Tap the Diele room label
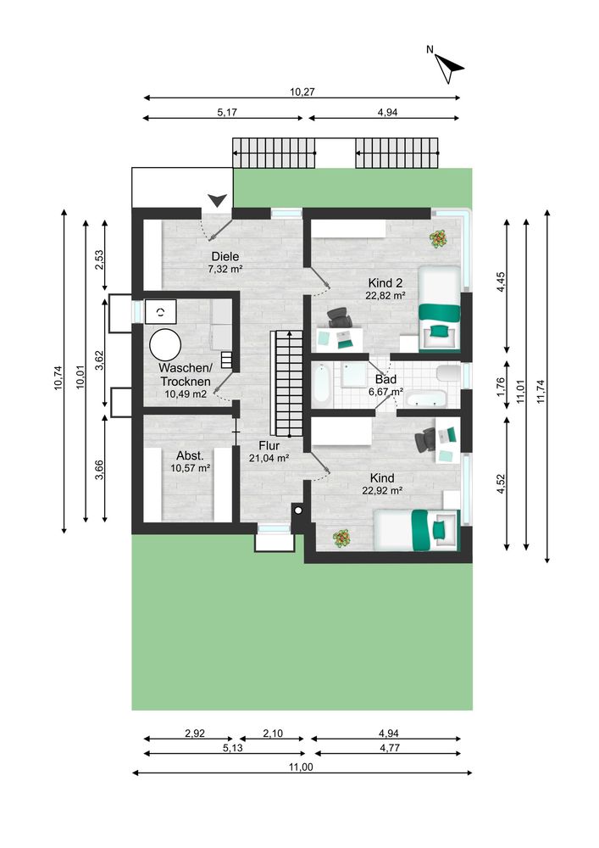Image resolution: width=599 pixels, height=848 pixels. click(x=225, y=256)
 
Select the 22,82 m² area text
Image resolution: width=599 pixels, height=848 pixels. click(x=385, y=295)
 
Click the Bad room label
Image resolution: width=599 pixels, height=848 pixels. click(x=385, y=380)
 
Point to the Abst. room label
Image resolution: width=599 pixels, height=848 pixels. click(x=190, y=456)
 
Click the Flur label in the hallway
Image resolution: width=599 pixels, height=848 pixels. click(x=269, y=446)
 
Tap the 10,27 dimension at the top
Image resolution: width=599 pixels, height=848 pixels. click(x=302, y=92)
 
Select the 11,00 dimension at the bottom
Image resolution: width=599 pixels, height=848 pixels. click(x=301, y=767)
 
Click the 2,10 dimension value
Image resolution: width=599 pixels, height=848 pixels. click(x=273, y=734)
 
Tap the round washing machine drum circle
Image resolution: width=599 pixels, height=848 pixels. click(x=165, y=344)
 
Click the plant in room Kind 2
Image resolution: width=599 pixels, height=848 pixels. click(x=438, y=238)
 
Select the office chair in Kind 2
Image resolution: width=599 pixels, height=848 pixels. click(x=339, y=317)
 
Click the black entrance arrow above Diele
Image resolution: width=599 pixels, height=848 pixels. click(x=217, y=200)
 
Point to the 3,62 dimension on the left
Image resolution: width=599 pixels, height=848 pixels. click(x=99, y=360)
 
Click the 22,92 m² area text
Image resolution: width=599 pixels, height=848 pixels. click(x=382, y=490)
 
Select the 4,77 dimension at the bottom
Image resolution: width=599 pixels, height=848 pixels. click(x=390, y=748)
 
